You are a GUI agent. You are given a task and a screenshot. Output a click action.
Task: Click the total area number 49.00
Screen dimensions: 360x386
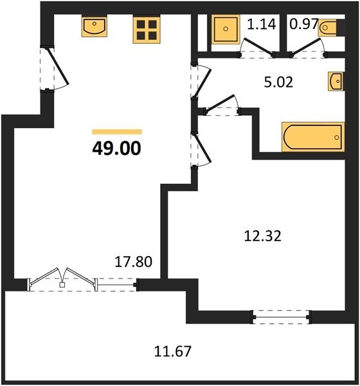click(116, 149)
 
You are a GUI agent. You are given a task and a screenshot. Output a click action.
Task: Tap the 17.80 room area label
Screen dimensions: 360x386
click(134, 262)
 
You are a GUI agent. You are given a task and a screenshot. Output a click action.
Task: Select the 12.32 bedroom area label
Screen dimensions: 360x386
click(262, 236)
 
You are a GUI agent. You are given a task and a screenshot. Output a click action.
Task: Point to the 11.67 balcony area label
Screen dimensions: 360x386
click(173, 351)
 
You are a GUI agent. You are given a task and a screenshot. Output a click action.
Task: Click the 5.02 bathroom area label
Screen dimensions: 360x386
click(278, 82)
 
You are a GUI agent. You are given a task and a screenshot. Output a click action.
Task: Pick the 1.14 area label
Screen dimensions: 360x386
click(262, 24)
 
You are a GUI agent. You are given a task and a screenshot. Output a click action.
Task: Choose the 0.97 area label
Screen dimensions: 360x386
click(304, 24)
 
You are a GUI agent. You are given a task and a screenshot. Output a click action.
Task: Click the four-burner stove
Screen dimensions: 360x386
click(147, 30)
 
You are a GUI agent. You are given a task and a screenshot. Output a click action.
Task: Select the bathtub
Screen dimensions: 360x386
click(313, 137)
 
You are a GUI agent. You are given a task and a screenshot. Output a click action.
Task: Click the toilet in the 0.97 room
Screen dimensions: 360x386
click(327, 28)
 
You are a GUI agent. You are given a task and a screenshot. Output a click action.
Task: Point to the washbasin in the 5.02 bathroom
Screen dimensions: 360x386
click(336, 81)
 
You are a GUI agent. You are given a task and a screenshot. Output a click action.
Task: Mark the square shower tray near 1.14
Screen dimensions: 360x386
click(226, 29)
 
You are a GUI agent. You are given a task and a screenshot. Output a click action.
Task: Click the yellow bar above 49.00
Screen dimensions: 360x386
click(117, 132)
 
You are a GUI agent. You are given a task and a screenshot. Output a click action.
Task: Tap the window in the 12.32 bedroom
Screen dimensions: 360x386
click(281, 317)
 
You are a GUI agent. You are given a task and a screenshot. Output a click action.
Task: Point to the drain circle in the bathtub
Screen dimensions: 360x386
click(337, 138)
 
